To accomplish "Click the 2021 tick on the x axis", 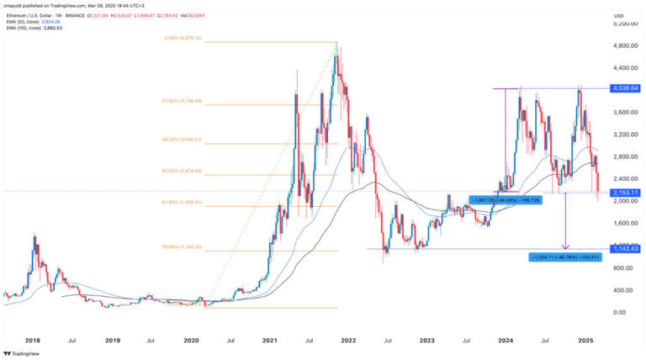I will pos(270,341).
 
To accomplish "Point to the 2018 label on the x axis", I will pos(33,341).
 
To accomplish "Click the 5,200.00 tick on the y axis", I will pos(623,24).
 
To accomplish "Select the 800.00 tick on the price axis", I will pos(622,267).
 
